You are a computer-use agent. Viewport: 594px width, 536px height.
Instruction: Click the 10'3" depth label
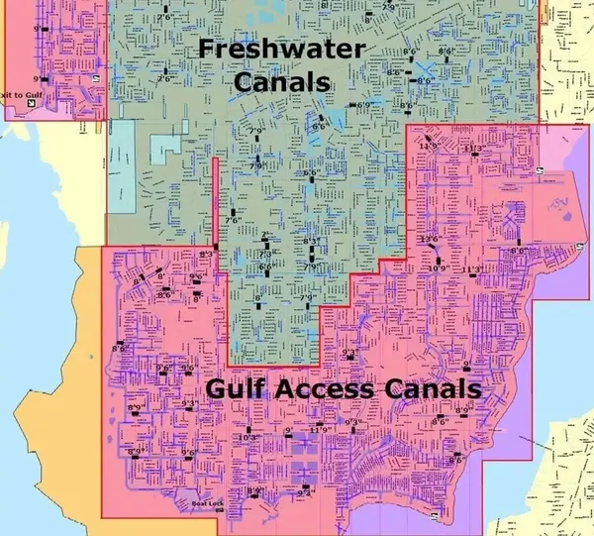click(248, 438)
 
